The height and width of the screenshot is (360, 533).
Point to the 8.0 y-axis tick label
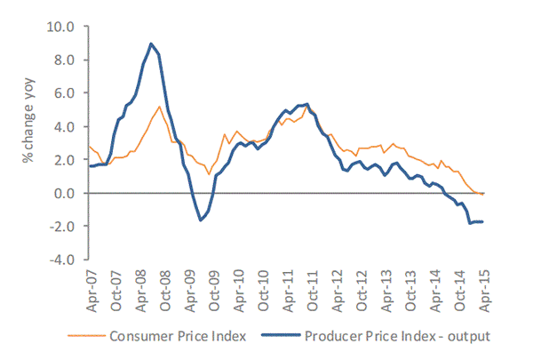[x=69, y=60]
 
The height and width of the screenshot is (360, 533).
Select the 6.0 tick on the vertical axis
[x=69, y=92]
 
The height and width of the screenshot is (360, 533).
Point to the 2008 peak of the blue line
[x=151, y=44]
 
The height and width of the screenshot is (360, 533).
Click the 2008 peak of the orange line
[x=159, y=107]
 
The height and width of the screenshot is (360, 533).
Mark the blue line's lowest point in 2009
[x=201, y=220]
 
